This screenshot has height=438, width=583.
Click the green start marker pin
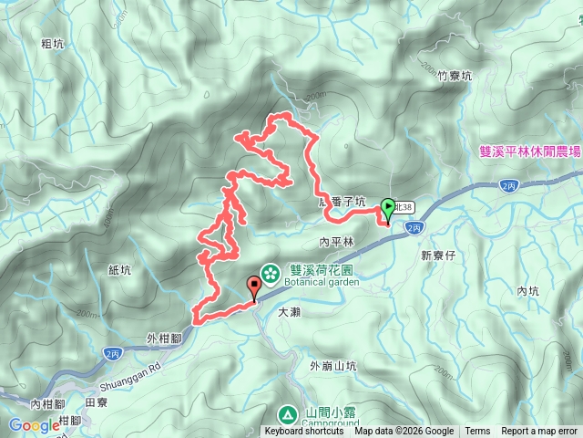click(x=387, y=208)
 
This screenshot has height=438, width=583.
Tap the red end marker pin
click(x=254, y=287)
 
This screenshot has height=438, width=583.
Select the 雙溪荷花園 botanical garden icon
click(x=271, y=272)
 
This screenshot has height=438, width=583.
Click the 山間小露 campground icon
click(x=287, y=414)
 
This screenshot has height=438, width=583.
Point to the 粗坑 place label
click(x=53, y=42)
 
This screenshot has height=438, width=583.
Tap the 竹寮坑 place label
click(x=453, y=78)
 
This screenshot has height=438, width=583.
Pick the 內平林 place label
click(x=336, y=243)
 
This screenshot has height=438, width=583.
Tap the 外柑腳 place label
click(x=165, y=338)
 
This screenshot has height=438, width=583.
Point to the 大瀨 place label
click(x=289, y=311)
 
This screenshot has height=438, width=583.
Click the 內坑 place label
click(x=528, y=291)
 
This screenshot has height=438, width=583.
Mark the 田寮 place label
click(x=96, y=401)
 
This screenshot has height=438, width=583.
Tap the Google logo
click(x=34, y=424)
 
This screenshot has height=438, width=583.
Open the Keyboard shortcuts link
click(x=304, y=432)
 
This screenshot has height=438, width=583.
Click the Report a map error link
click(x=539, y=432)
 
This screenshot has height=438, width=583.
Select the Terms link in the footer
click(x=477, y=432)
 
